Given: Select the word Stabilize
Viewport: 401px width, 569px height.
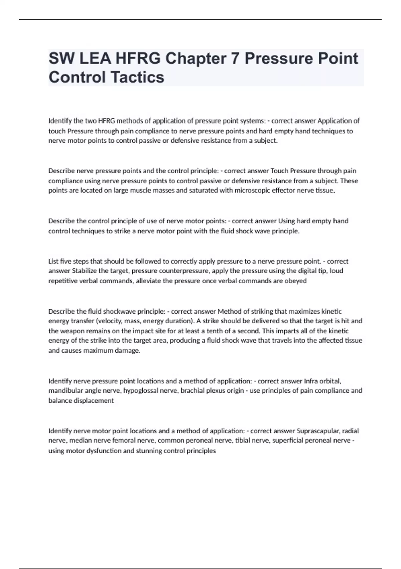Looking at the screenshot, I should [x=84, y=271].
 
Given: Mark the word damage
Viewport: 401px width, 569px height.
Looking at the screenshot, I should [x=128, y=351].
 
